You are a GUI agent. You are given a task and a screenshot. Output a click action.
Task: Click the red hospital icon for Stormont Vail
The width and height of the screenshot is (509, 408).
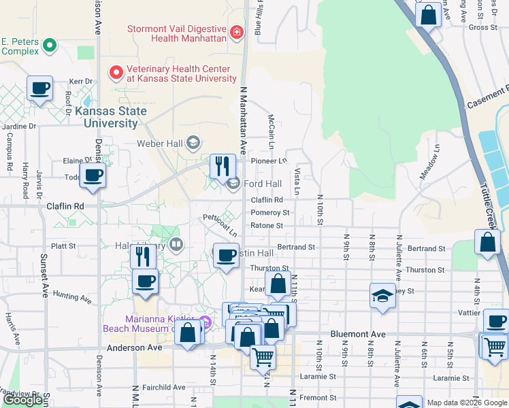coord(237,32)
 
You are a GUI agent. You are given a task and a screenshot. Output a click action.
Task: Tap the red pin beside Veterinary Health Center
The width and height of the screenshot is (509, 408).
coord(116,71)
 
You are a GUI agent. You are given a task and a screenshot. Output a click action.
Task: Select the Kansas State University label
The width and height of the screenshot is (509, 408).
coord(110,117)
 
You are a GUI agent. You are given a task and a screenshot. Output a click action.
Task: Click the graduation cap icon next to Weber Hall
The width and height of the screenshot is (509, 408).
coord(193,142)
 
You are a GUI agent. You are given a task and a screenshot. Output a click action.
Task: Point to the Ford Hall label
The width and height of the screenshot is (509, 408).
coord(262,184)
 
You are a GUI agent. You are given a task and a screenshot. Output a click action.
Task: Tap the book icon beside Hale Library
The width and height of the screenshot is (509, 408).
coord(176,244)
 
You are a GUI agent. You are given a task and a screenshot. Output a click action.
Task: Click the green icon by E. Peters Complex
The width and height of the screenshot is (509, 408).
coord(49,46)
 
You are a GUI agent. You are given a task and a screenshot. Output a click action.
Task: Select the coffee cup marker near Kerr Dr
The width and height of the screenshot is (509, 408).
coord(40,89)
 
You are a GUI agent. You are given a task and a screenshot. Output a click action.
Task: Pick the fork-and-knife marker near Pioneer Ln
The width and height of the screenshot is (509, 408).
coord(223,165)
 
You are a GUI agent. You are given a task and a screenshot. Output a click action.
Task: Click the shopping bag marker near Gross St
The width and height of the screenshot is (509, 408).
coord(429,14)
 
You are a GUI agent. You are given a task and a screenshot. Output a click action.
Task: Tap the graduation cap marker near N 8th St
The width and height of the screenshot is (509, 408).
coord(382,296)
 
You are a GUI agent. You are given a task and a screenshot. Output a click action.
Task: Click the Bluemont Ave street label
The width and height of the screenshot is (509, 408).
coord(357,335)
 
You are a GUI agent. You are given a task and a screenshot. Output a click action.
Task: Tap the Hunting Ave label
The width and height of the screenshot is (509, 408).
coord(71,297)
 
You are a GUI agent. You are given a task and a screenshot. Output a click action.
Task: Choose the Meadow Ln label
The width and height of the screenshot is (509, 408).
coord(429,162)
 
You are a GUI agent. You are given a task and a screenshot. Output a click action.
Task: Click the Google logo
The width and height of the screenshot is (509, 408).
coord(23,400)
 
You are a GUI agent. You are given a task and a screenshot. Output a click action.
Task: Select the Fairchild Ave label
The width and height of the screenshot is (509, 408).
coord(159,387)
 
